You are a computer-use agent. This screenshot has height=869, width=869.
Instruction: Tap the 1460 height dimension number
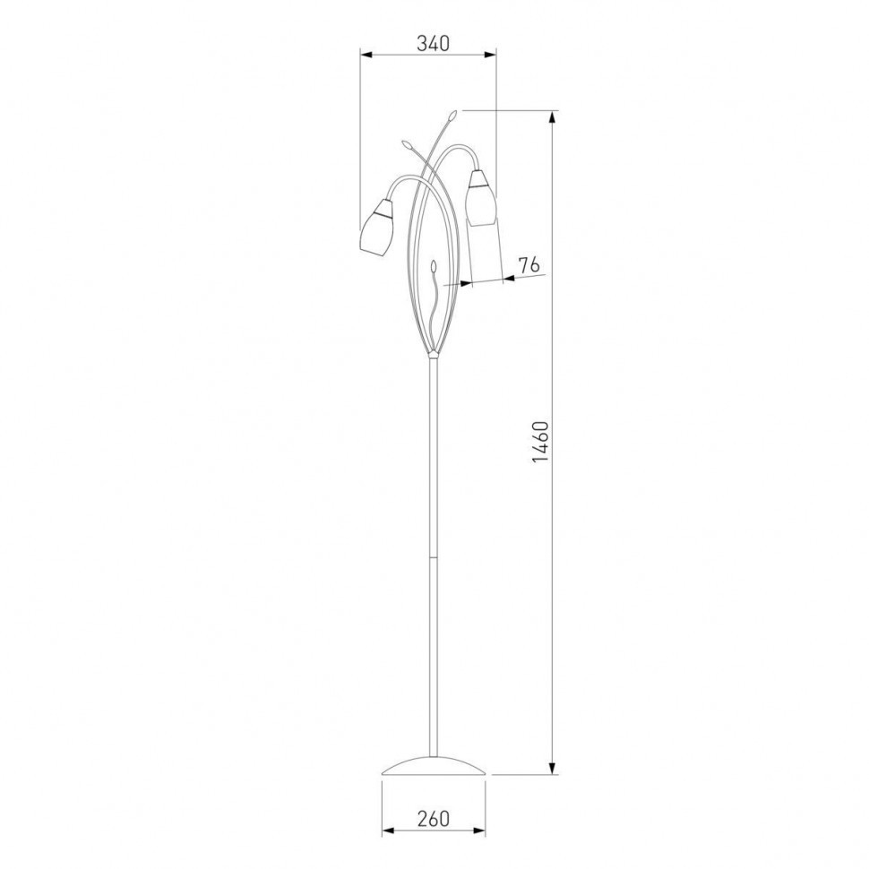pyautogui.click(x=538, y=441)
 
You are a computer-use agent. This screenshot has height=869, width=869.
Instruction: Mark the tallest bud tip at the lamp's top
pyautogui.click(x=453, y=115)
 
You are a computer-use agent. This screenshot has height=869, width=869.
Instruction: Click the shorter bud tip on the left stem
pyautogui.click(x=408, y=142)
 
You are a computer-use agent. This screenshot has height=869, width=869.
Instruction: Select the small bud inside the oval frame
pyautogui.click(x=434, y=266)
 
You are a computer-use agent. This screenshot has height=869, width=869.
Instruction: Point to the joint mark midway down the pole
pyautogui.click(x=434, y=555)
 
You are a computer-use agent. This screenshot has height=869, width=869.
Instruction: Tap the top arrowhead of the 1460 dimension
pyautogui.click(x=553, y=116)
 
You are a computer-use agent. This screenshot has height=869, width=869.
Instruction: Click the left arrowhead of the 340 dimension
pyautogui.click(x=366, y=56)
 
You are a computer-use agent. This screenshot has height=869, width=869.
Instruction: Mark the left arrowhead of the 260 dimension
pyautogui.click(x=387, y=830)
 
